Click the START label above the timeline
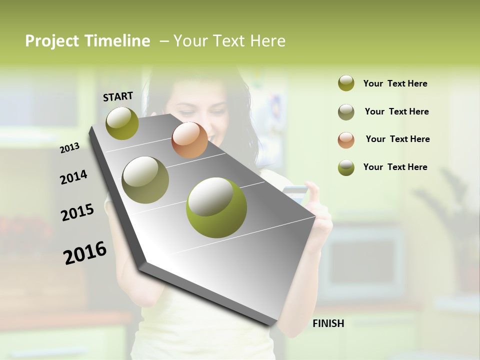(x=118, y=96)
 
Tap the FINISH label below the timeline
(x=328, y=323)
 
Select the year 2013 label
(x=70, y=147)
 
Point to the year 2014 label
(x=73, y=177)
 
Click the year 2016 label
(x=85, y=252)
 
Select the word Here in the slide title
(x=267, y=41)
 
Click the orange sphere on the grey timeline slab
(x=189, y=140)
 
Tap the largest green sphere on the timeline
(x=216, y=207)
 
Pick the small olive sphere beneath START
(x=122, y=123)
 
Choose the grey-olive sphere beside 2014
(x=145, y=179)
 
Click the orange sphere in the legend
(x=346, y=140)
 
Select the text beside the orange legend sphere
(x=397, y=139)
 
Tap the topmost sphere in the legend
(x=346, y=83)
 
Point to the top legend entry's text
(x=395, y=83)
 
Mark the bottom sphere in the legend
(x=346, y=167)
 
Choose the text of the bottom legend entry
(x=395, y=167)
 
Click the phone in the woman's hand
(x=295, y=193)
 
